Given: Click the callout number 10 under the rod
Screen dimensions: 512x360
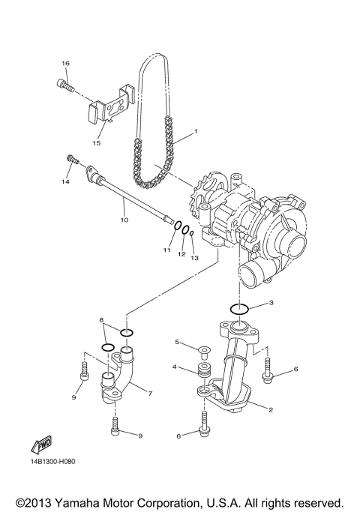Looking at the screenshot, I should [124, 220].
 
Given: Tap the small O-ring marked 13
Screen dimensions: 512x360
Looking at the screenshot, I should [193, 234].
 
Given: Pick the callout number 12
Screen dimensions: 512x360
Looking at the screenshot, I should [181, 255].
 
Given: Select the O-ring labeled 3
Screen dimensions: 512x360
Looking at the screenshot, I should [239, 309].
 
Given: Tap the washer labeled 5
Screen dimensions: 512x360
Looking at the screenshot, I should [203, 349].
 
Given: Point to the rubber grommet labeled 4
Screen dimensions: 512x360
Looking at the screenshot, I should [202, 371].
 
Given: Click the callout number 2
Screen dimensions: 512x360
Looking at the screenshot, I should [270, 409].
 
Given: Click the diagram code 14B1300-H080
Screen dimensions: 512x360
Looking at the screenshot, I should [55, 471].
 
